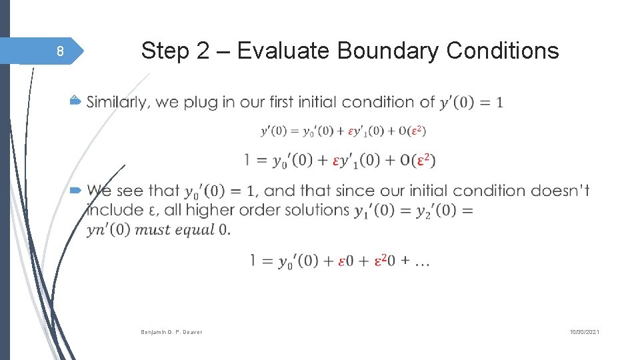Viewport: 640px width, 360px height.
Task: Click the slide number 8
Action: [60, 52]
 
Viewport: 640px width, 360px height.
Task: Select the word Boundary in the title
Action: [389, 51]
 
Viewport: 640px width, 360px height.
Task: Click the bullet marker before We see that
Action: [75, 191]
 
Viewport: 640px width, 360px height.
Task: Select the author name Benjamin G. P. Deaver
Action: [171, 331]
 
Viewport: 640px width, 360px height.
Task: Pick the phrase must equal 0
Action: [182, 230]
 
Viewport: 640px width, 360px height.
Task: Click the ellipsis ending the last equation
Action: [422, 262]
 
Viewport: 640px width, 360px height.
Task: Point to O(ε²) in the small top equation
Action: [412, 131]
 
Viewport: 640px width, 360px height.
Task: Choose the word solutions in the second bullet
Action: [317, 210]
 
